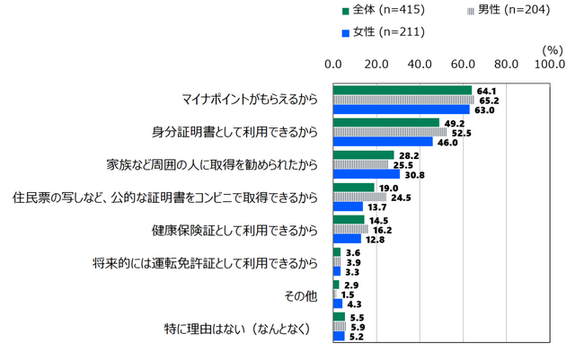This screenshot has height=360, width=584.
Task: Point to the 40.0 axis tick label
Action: pyautogui.click(x=419, y=64)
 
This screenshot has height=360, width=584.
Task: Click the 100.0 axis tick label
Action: pyautogui.click(x=549, y=64)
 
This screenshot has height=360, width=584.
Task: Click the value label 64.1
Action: pyautogui.click(x=486, y=90)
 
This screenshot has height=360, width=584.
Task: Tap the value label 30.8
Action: pyautogui.click(x=413, y=174)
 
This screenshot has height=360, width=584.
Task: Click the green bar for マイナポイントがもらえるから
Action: pyautogui.click(x=402, y=90)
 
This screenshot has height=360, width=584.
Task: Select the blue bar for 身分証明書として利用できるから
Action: pyautogui.click(x=383, y=142)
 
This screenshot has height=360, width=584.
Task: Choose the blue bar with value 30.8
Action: pyautogui.click(x=366, y=174)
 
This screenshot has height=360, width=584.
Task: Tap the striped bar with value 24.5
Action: pyautogui.click(x=359, y=197)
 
